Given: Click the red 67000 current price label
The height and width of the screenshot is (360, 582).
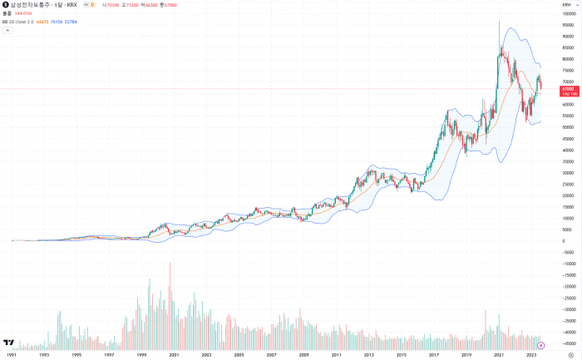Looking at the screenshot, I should pyautogui.click(x=568, y=89).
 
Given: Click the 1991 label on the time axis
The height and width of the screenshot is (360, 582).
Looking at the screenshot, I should pyautogui.click(x=12, y=354).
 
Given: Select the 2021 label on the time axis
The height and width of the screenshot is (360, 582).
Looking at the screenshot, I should pyautogui.click(x=499, y=354).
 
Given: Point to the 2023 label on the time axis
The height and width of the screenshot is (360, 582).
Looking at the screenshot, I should pyautogui.click(x=531, y=354).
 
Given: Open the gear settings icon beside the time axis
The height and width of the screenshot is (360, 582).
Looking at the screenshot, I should pyautogui.click(x=570, y=354).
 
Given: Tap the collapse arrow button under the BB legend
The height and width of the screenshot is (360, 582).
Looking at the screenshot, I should pyautogui.click(x=7, y=30).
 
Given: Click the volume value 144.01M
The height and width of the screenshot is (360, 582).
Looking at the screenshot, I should pyautogui.click(x=23, y=13).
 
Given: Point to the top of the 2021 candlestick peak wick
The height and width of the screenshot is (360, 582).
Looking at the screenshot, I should pyautogui.click(x=499, y=22).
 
